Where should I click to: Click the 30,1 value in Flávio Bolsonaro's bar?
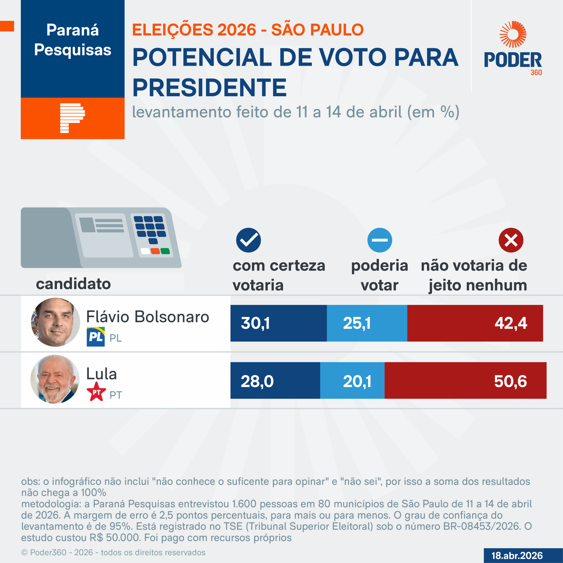pyautogui.click(x=255, y=323)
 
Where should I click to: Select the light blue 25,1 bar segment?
pyautogui.click(x=367, y=323)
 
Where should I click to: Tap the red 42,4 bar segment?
pyautogui.click(x=475, y=323)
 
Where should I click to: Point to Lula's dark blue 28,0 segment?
pyautogui.click(x=275, y=380)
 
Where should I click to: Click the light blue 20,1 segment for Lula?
pyautogui.click(x=352, y=380)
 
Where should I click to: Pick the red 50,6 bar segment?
pyautogui.click(x=465, y=380)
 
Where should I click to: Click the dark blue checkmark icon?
pyautogui.click(x=248, y=240)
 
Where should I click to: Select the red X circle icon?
pyautogui.click(x=511, y=240)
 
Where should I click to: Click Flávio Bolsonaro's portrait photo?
pyautogui.click(x=55, y=322)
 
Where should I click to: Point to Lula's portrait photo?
pyautogui.click(x=55, y=379)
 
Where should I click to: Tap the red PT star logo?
pyautogui.click(x=96, y=392)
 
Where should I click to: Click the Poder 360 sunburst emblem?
pyautogui.click(x=513, y=34)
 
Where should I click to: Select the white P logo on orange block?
pyautogui.click(x=72, y=118)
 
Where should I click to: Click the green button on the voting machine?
pyautogui.click(x=165, y=251)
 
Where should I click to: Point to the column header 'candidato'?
pyautogui.click(x=73, y=283)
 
